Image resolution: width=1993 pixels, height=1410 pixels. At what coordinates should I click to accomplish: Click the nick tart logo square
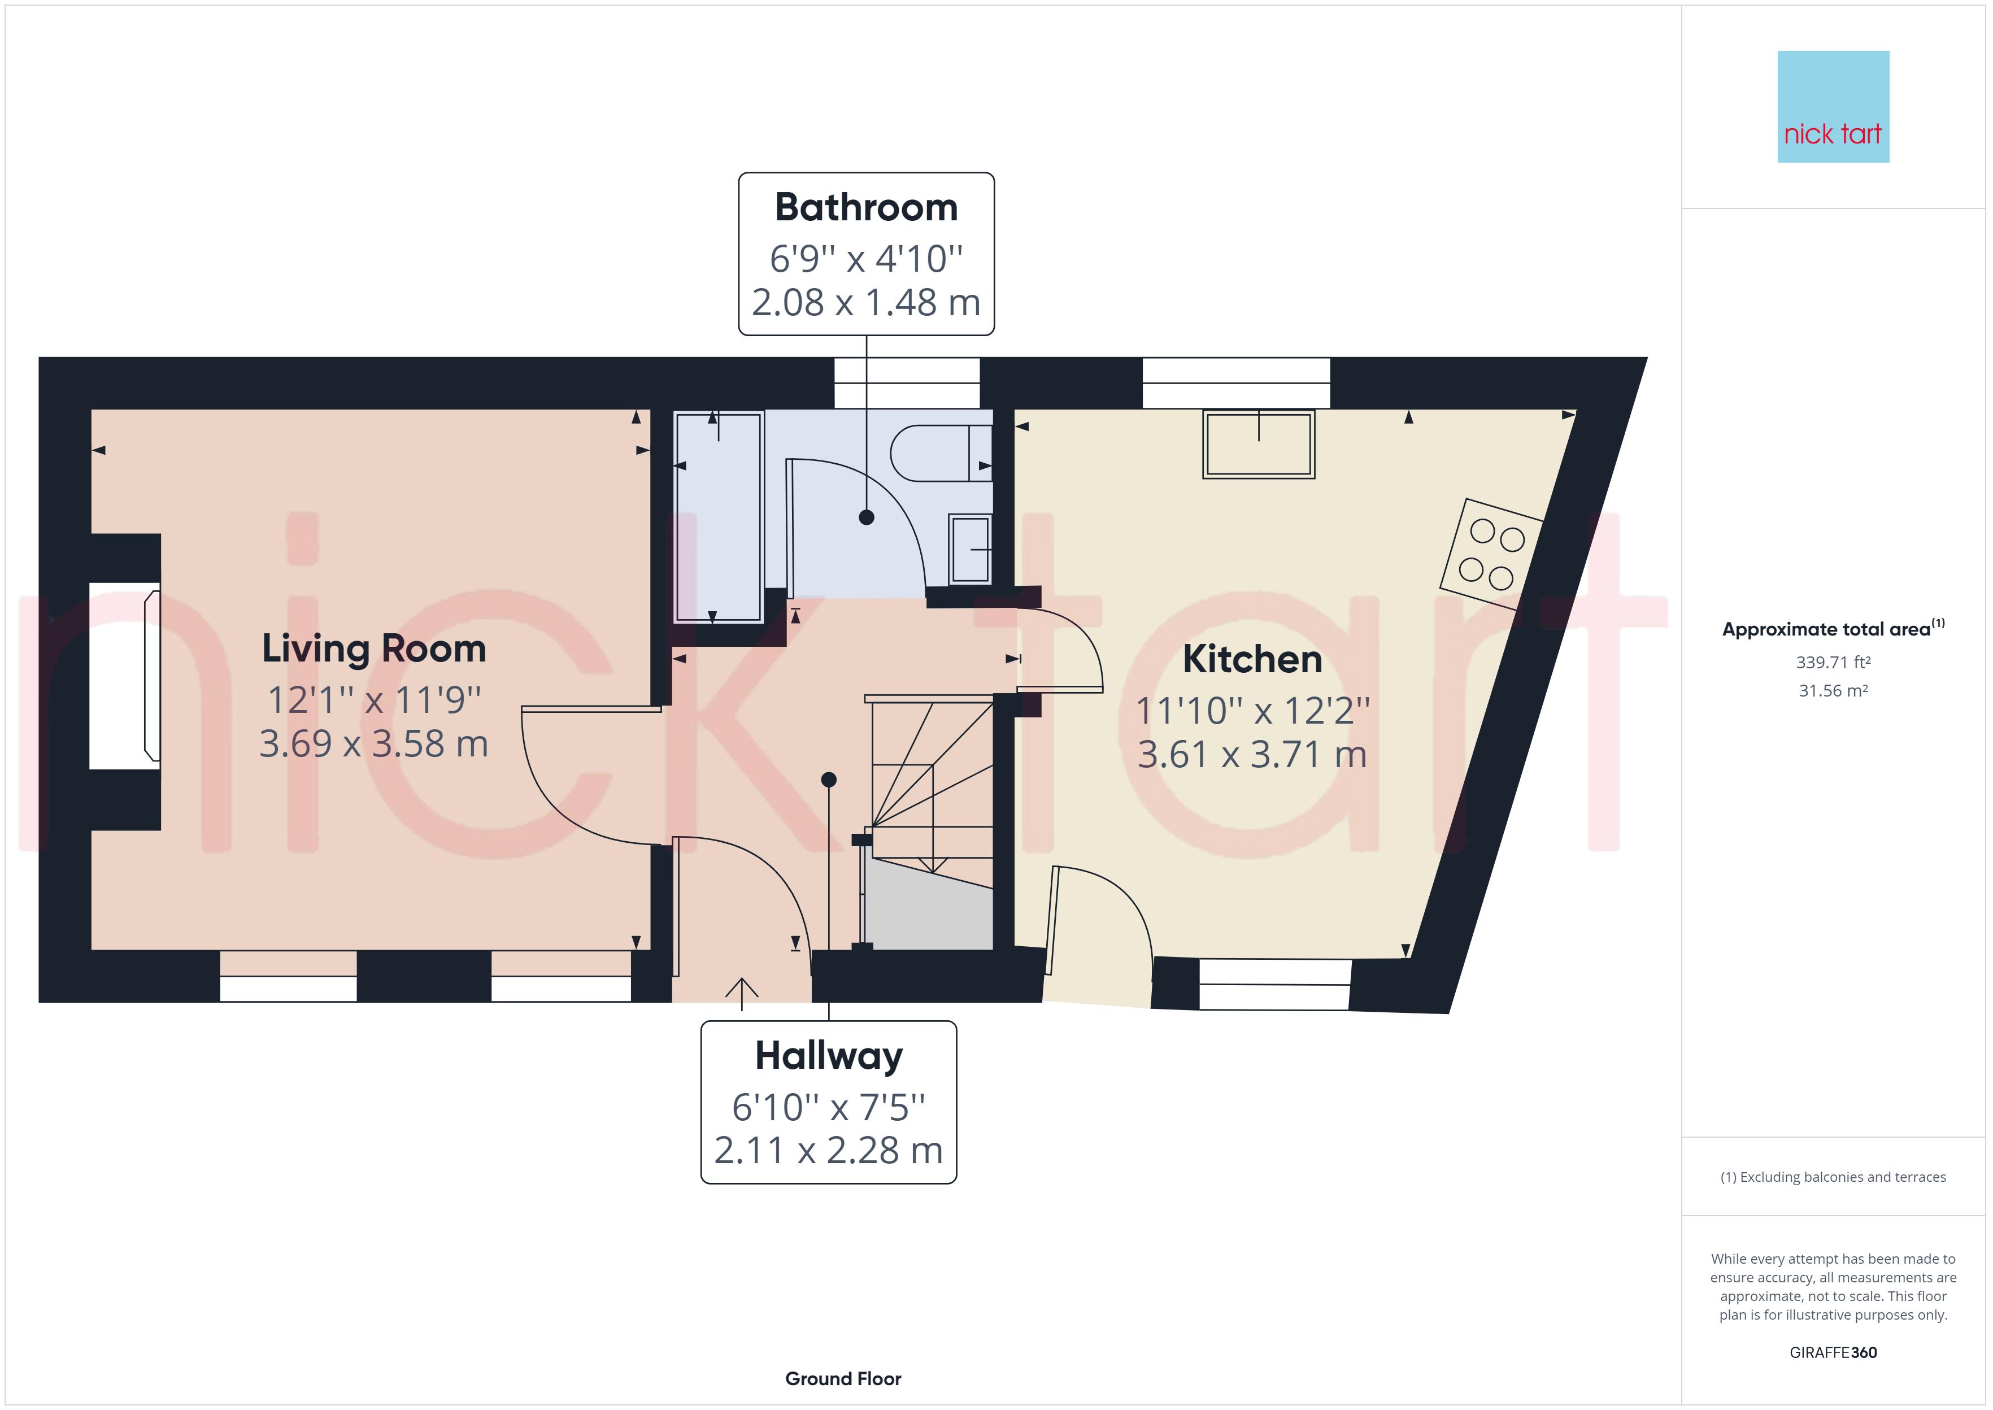[x=1833, y=107]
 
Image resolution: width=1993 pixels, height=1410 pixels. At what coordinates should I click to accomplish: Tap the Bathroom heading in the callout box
[x=865, y=207]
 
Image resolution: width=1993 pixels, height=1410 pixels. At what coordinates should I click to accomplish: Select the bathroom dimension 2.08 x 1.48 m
[x=865, y=302]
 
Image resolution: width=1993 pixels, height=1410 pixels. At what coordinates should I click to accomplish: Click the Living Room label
[x=373, y=649]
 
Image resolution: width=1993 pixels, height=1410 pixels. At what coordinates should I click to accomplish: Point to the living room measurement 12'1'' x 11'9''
[x=373, y=699]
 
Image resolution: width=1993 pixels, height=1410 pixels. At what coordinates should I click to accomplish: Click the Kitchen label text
[x=1252, y=659]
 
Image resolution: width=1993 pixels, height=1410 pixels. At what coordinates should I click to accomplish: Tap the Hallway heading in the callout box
[x=828, y=1056]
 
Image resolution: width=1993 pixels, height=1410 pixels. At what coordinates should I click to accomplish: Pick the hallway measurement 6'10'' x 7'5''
[x=828, y=1107]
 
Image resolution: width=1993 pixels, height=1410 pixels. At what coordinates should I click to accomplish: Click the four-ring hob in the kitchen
[x=1490, y=554]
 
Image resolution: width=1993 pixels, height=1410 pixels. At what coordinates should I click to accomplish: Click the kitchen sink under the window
[x=1258, y=443]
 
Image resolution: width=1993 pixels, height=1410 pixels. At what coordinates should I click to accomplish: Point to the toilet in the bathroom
[x=939, y=453]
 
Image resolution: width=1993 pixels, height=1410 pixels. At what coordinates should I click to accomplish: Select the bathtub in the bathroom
[x=718, y=517]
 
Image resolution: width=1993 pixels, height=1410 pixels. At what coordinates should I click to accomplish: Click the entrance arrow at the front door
[x=741, y=993]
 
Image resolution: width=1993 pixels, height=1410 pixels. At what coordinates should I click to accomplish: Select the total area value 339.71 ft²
[x=1833, y=663]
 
